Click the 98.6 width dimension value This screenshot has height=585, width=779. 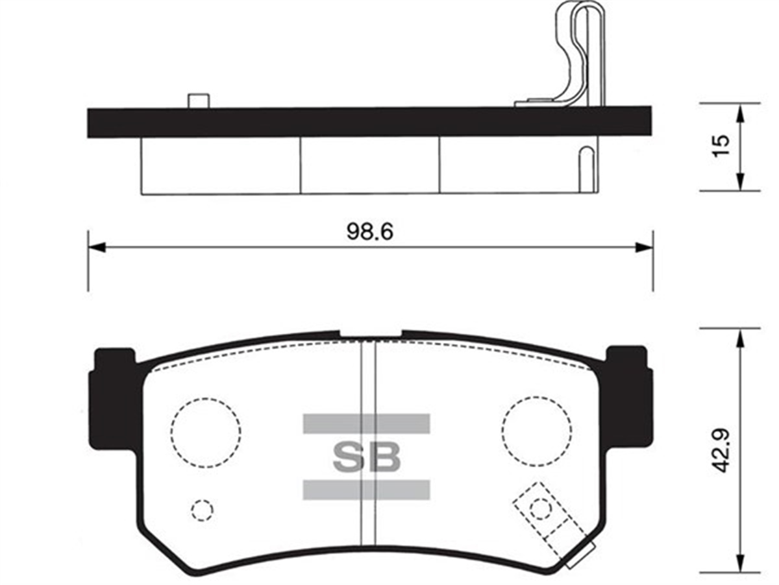coord(369,232)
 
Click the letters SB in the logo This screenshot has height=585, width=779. coord(366,457)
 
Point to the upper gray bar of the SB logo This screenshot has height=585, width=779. coord(366,424)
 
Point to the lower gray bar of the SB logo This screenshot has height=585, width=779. coord(366,490)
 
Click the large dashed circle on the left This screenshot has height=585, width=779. coord(206,433)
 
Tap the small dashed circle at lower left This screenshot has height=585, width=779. coord(202,510)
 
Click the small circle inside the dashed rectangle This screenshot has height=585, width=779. coord(539,508)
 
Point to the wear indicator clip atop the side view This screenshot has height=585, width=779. coord(581,52)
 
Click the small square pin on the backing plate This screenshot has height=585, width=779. coord(198,101)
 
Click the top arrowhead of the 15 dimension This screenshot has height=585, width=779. coord(739,112)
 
